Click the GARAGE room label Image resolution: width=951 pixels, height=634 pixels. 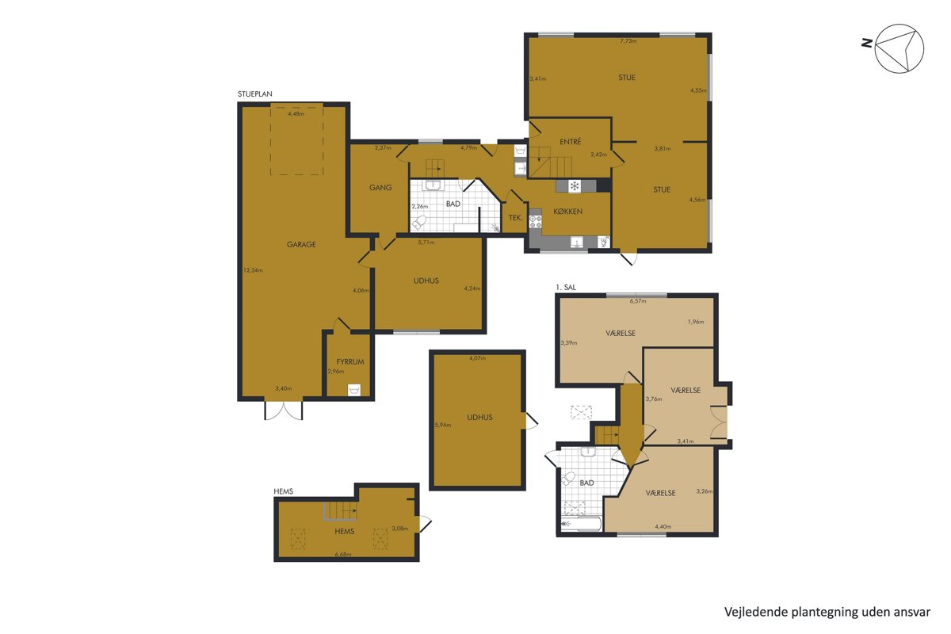pos(301,244)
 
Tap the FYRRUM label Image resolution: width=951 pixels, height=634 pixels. pos(349,362)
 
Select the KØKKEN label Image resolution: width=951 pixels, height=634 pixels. pos(567,212)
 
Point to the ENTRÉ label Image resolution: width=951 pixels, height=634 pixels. pos(570,142)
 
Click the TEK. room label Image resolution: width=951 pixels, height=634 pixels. pos(515,218)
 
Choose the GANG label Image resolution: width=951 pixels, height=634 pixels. pos(380,187)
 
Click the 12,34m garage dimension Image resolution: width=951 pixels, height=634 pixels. pos(253,270)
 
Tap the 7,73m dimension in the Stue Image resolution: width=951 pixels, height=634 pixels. pos(628,41)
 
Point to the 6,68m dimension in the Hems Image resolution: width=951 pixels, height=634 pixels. pos(343,554)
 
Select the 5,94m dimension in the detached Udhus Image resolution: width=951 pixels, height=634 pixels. pos(443,425)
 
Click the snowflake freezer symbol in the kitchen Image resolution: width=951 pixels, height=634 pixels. pos(575,186)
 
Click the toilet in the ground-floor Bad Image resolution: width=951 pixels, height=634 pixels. pos(420,223)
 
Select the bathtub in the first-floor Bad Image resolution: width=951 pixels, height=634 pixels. pos(579,524)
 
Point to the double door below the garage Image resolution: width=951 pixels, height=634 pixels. pos(283,411)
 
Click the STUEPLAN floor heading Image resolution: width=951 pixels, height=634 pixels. pos(254,94)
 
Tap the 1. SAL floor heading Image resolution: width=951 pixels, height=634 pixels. pos(566,287)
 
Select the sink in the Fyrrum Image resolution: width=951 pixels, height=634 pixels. pos(354,390)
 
